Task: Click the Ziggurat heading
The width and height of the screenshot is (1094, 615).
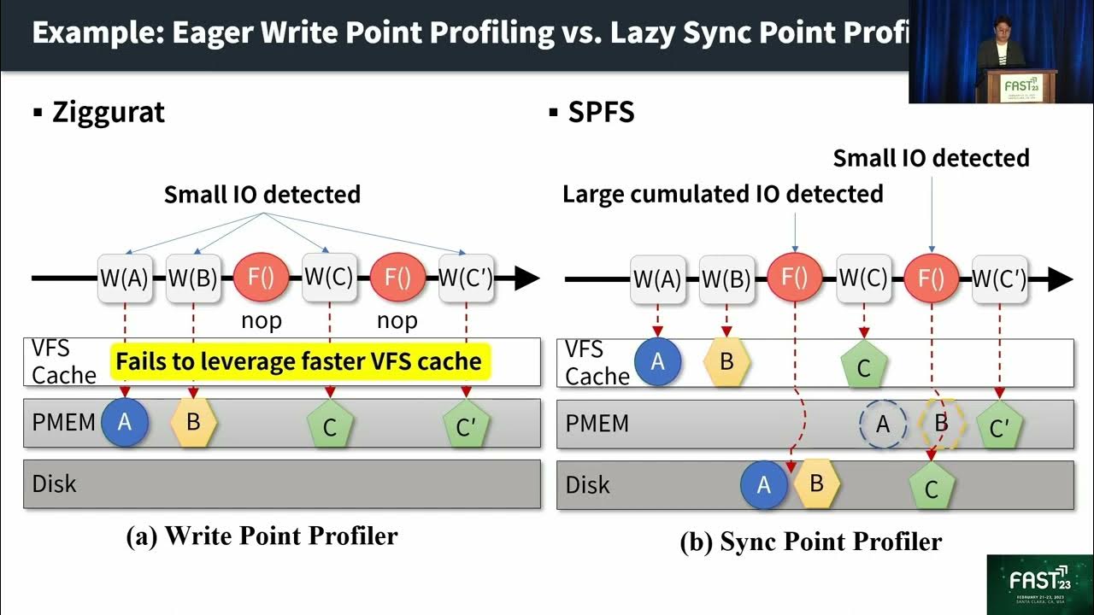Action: pos(108,112)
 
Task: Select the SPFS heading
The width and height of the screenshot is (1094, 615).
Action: pos(601,112)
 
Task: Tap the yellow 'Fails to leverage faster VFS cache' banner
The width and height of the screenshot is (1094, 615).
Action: pos(299,361)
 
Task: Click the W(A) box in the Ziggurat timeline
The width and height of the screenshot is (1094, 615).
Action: pos(125,278)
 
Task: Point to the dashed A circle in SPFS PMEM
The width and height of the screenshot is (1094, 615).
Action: pos(883,425)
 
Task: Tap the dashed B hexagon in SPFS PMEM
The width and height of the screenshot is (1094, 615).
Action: pos(941,424)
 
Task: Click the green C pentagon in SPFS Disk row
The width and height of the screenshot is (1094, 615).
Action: pos(932,489)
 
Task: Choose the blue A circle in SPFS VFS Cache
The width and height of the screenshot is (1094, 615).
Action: pos(657,361)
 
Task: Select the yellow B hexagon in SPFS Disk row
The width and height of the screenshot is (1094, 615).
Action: pos(816,483)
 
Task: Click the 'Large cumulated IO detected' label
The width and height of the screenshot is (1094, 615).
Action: pos(722,194)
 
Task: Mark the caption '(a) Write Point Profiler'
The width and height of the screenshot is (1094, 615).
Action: pos(262,536)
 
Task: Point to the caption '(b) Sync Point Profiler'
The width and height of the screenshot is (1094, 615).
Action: pos(810,542)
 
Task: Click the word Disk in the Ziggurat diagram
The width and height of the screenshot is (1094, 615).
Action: pos(55,483)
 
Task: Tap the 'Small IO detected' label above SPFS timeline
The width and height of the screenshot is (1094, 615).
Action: pos(931,158)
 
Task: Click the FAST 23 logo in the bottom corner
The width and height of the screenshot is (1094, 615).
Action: pos(1039,585)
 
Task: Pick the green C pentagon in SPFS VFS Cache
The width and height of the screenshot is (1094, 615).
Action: pos(863,366)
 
